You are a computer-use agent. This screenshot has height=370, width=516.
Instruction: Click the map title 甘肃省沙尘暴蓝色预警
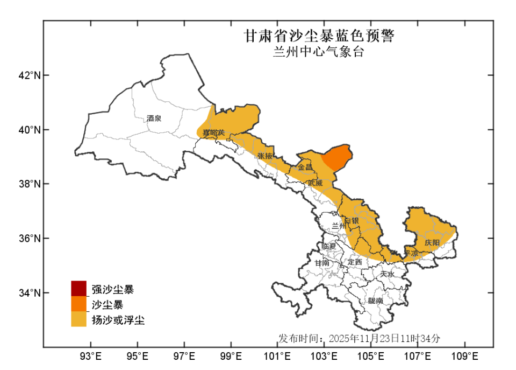(x=319, y=37)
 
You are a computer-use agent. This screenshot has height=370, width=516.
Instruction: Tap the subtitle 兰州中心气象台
(x=319, y=52)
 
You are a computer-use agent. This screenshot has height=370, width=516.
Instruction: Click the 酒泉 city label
(x=154, y=118)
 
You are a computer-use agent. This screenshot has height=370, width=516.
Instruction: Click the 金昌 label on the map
(x=305, y=167)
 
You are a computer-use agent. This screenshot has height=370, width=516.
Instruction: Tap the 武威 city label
(x=315, y=183)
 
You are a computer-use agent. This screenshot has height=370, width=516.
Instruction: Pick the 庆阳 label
(x=432, y=243)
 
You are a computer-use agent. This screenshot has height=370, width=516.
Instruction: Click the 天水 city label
(x=387, y=274)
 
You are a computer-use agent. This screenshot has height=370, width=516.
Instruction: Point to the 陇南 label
(x=376, y=301)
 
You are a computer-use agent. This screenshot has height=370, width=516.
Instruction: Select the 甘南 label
(x=322, y=263)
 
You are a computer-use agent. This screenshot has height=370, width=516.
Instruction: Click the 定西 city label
(x=355, y=262)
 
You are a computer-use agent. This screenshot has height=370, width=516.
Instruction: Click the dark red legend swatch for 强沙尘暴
(x=78, y=289)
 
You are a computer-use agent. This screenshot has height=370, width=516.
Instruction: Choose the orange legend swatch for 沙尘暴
(x=78, y=304)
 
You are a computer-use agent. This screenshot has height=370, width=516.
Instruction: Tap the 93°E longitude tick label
(x=91, y=356)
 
